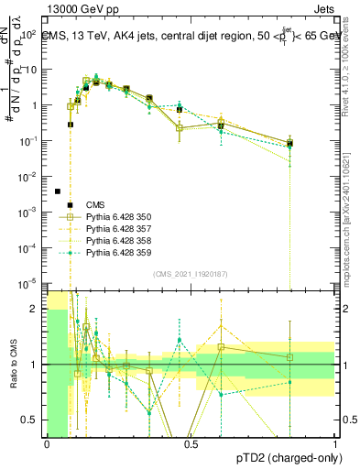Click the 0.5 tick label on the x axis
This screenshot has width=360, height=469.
[191, 442]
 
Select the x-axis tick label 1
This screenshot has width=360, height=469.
[334, 442]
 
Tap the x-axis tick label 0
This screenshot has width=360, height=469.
[47, 442]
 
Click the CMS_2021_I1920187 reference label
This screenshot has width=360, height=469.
[191, 273]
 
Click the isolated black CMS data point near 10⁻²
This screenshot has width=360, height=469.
[57, 191]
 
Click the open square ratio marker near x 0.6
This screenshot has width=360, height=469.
[221, 347]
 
